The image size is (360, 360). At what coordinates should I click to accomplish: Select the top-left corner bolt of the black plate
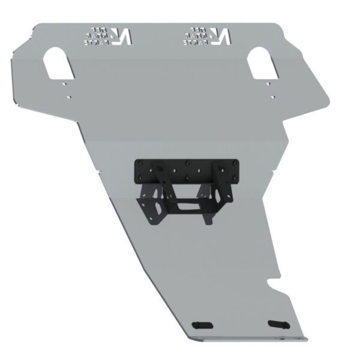[x=141, y=163]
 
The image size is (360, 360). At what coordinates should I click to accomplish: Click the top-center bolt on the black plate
[x=188, y=163]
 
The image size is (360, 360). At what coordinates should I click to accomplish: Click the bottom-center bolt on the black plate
[x=188, y=178]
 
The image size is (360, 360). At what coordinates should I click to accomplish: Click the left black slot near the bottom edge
[x=202, y=325]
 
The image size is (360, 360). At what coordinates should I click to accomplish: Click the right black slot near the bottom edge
[x=278, y=324]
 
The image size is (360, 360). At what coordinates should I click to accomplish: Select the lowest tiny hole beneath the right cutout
[x=272, y=97]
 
